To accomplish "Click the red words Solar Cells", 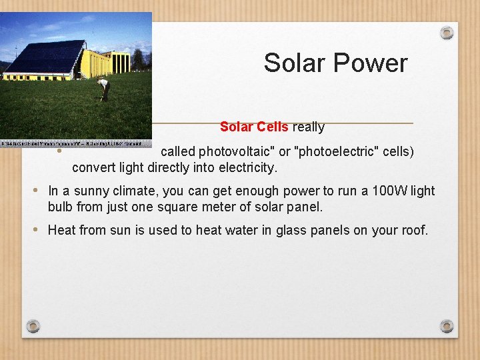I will click(x=254, y=127).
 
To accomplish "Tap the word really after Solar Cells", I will click(x=308, y=127).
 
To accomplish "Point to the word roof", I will click(x=412, y=231).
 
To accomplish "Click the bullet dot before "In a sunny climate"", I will click(x=36, y=191).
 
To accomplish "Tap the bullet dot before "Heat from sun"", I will click(x=36, y=230).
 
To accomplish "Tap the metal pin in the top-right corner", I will click(x=447, y=33).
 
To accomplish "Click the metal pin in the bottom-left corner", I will click(x=33, y=326).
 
